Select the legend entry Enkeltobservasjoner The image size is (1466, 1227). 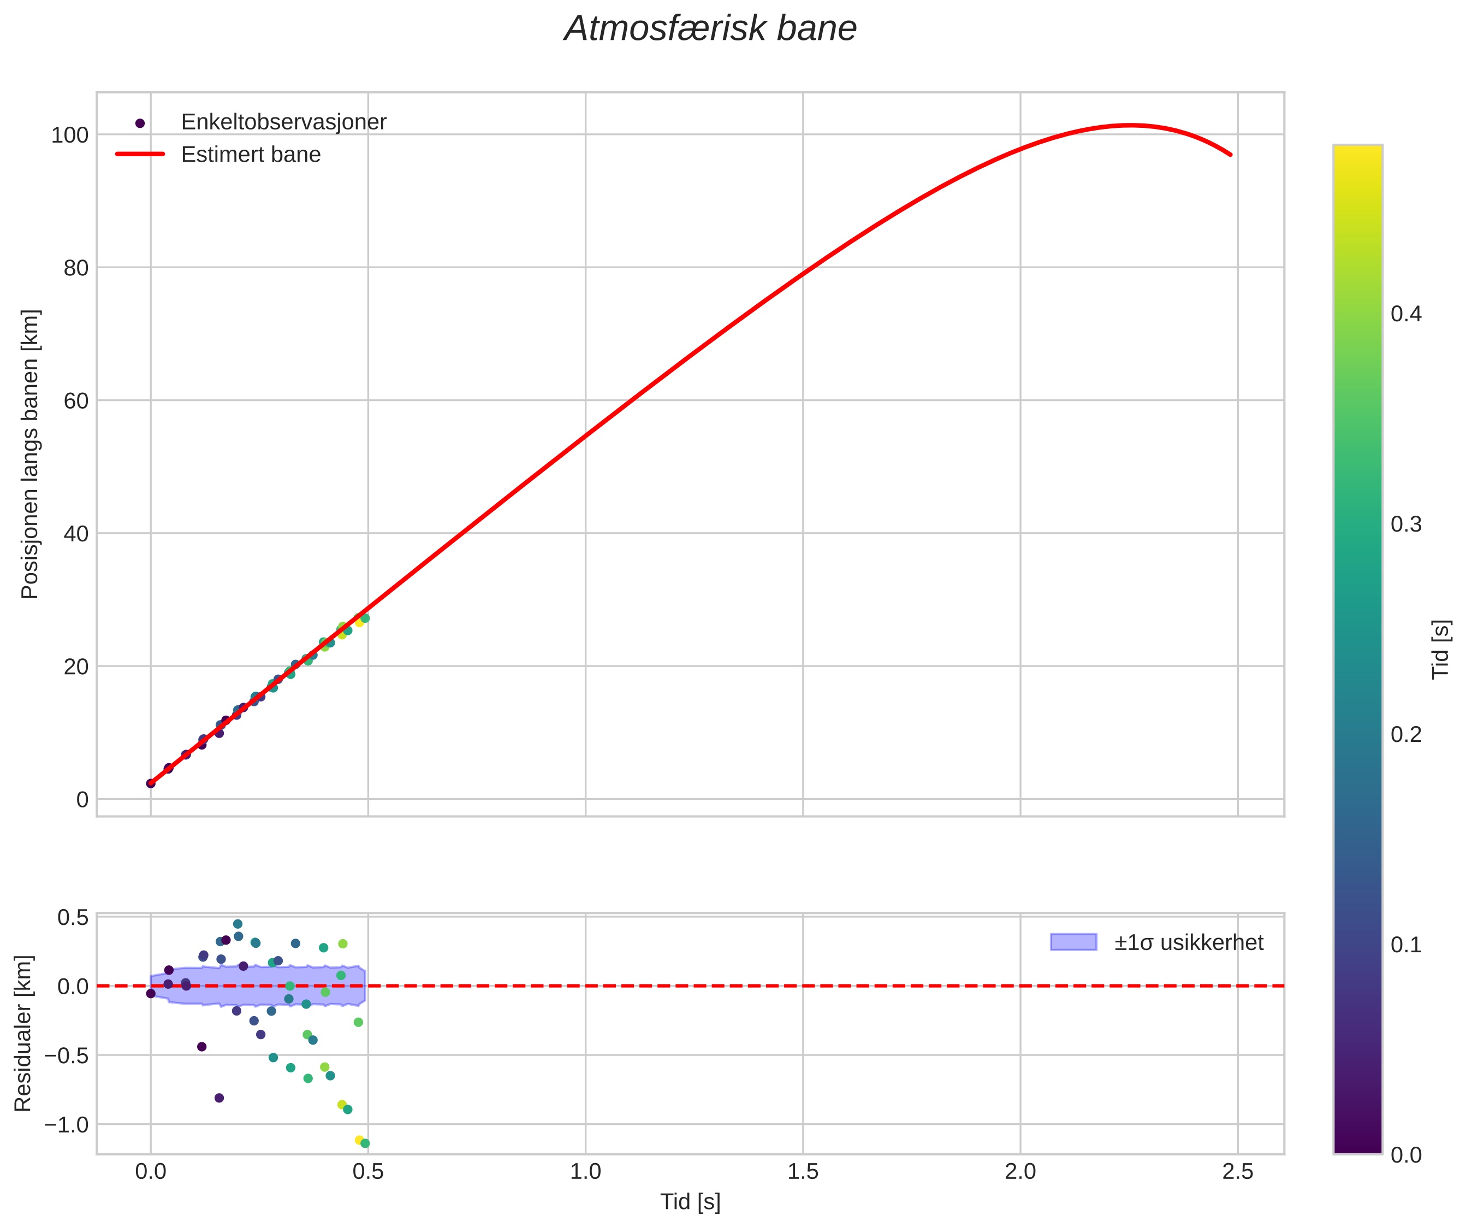[283, 122]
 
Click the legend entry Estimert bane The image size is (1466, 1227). [251, 155]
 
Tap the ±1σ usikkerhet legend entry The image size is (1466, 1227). [1188, 943]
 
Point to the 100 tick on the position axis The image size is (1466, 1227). [70, 135]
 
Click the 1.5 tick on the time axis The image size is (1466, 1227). [803, 1172]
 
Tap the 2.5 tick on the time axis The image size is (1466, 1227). [1238, 1172]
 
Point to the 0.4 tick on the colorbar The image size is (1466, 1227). [1406, 314]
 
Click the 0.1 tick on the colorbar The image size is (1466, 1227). [1406, 945]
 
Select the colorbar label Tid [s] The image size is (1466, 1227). [1441, 650]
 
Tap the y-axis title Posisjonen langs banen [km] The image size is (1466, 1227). [30, 454]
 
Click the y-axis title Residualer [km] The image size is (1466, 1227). [23, 1034]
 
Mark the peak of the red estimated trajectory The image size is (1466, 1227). [1131, 125]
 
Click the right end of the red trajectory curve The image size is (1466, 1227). [1230, 155]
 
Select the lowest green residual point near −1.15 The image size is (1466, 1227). [364, 1143]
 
